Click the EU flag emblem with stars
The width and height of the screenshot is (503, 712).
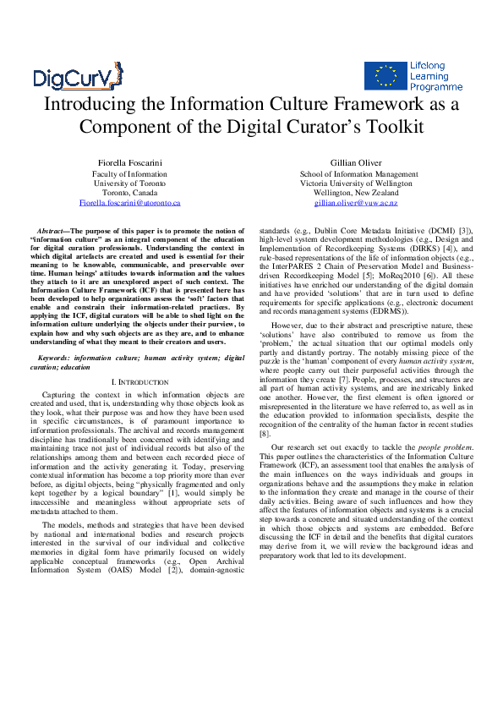382,76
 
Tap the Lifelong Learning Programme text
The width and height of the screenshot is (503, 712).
435,76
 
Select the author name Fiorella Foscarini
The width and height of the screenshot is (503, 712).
129,162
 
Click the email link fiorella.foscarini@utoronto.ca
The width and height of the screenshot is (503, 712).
129,204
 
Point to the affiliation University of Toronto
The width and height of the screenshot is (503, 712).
129,183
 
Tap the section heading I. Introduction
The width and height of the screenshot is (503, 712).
135,382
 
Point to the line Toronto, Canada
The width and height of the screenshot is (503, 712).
129,193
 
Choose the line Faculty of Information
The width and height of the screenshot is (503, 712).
129,173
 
